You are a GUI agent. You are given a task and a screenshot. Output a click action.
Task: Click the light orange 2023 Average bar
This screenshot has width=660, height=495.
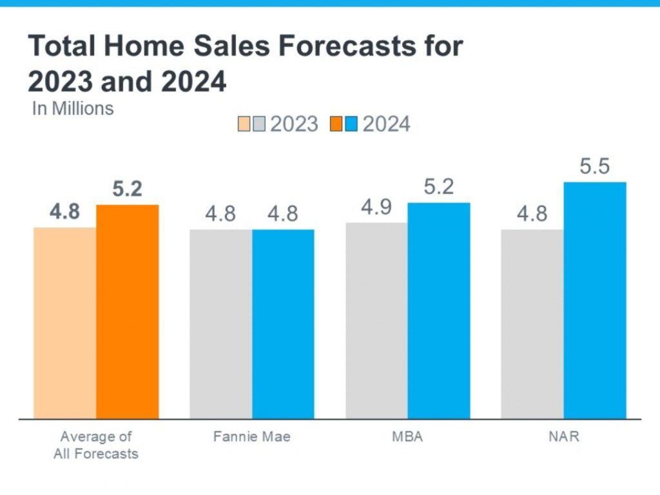tap(64, 322)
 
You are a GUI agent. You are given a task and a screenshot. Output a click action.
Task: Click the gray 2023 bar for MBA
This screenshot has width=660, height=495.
tap(376, 320)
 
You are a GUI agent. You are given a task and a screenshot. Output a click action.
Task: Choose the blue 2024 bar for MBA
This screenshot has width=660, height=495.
tap(439, 310)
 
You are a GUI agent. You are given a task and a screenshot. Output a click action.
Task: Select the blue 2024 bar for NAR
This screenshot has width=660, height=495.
tap(595, 300)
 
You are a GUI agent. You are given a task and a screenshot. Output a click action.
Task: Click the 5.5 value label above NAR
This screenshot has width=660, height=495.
tap(594, 167)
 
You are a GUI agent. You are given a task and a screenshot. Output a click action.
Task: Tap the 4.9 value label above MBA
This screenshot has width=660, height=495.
tap(376, 209)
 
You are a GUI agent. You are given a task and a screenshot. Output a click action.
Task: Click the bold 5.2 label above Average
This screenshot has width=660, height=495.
tap(127, 189)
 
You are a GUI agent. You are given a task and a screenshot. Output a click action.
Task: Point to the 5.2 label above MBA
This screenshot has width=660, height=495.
tap(439, 188)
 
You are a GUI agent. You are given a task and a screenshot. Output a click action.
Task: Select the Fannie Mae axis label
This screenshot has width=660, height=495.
tap(252, 437)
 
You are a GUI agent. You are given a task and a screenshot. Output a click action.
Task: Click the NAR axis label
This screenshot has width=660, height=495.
tap(563, 437)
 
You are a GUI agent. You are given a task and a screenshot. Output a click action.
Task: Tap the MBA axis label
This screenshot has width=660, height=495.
tap(407, 437)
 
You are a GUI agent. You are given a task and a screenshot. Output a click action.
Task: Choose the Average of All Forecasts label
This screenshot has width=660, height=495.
tap(95, 445)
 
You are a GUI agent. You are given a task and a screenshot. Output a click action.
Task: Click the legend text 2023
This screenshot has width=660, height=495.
tap(294, 124)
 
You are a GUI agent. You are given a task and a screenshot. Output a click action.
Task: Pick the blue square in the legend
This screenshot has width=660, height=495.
tap(351, 124)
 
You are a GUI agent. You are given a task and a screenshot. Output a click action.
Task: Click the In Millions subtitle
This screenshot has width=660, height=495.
tap(73, 108)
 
